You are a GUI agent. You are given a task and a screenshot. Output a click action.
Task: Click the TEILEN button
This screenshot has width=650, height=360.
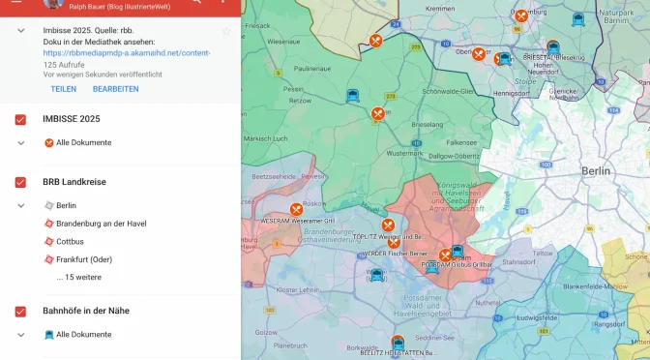coord(63,89)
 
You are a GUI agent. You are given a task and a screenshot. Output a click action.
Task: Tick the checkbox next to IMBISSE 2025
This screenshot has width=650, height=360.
coord(20,119)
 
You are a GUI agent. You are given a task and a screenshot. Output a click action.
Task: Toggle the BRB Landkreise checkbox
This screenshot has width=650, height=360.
coord(20,182)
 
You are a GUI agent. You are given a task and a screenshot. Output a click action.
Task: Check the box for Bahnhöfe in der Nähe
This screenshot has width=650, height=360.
coord(20,311)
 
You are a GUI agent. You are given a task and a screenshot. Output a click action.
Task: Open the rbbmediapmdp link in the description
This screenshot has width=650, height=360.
coord(127,52)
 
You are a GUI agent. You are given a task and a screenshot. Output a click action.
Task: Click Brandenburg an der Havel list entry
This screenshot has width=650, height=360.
coord(101,224)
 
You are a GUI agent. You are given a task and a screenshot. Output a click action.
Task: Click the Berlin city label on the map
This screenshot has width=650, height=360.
coord(597,170)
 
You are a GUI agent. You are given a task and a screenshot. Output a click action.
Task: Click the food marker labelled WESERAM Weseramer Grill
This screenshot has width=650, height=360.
coord(296,209)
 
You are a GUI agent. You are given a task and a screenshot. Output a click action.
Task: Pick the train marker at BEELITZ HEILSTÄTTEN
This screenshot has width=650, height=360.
coord(398,342)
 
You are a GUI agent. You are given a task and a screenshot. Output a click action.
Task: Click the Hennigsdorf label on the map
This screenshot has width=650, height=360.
coord(513,94)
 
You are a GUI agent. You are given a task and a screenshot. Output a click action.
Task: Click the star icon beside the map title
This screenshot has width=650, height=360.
coord(226,31)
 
